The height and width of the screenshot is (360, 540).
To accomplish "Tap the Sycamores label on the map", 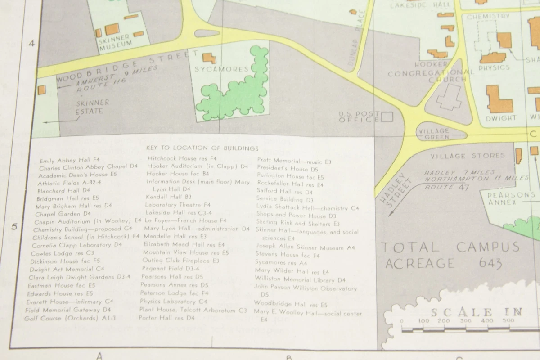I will coord(221,69).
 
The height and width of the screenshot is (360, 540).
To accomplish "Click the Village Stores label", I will coord(468,156).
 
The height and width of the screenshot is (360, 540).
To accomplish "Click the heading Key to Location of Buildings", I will coord(202,148).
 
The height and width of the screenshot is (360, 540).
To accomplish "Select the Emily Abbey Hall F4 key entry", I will coord(69,160).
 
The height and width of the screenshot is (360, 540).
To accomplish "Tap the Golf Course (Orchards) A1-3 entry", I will coord(70,318).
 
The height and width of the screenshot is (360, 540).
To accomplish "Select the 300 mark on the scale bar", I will coord(465,321).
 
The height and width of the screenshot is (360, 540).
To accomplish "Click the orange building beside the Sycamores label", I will coord(209,58).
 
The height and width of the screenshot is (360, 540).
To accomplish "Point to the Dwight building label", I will coord(500,118).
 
